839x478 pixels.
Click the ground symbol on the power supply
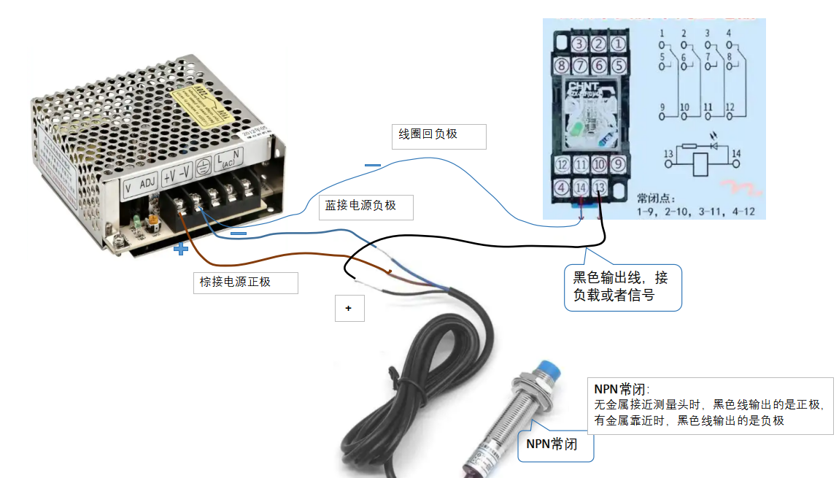[x=204, y=166]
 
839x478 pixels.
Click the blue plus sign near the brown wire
[x=180, y=250]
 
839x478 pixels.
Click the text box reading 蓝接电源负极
[x=366, y=207]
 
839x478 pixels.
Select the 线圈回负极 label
[x=438, y=136]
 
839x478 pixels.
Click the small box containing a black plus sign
[x=349, y=309]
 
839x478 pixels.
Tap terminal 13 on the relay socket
[x=599, y=188]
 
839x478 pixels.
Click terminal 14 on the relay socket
[x=581, y=188]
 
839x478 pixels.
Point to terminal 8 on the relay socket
[x=562, y=66]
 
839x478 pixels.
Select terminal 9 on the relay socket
[x=617, y=165]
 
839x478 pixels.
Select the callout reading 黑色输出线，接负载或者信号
[x=622, y=287]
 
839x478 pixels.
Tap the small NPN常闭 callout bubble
[x=555, y=444]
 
